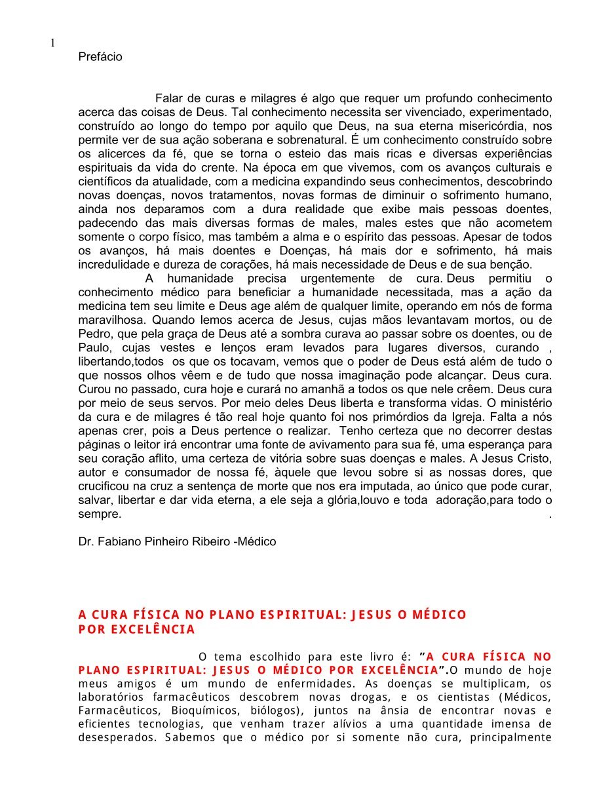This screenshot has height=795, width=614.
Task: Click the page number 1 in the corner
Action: tap(53, 43)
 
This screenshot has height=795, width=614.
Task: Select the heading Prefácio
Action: tap(100, 57)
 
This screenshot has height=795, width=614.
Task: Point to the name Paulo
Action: tap(94, 348)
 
